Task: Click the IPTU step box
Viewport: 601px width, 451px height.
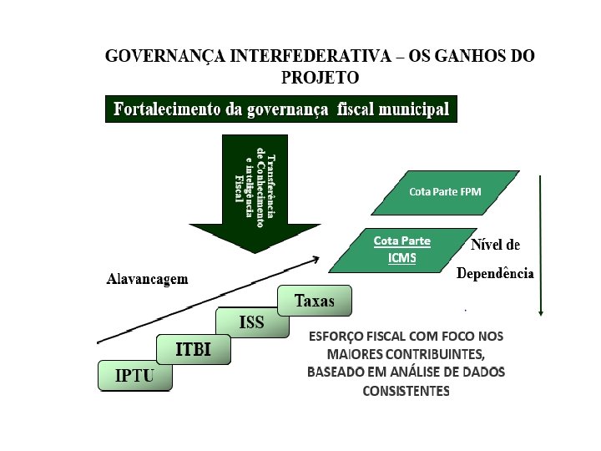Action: click(134, 375)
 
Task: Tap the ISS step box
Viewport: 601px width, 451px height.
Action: click(252, 322)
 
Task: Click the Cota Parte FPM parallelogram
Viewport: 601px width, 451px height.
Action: click(445, 192)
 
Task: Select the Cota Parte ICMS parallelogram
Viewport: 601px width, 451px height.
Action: click(402, 250)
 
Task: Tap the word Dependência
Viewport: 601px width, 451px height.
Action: click(495, 274)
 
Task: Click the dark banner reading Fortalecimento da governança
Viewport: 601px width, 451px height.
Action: click(281, 109)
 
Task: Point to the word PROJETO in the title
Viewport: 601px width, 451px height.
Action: click(321, 79)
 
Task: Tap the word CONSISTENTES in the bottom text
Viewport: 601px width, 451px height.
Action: click(406, 391)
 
